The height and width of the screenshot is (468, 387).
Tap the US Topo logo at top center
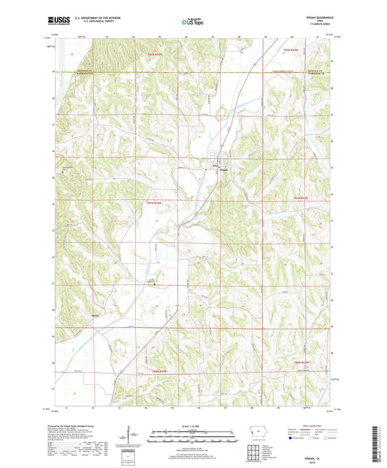click(192, 23)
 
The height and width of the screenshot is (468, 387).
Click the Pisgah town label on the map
click(224, 171)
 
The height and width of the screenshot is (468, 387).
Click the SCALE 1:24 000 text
click(193, 425)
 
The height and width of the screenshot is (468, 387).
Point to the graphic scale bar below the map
click(193, 436)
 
